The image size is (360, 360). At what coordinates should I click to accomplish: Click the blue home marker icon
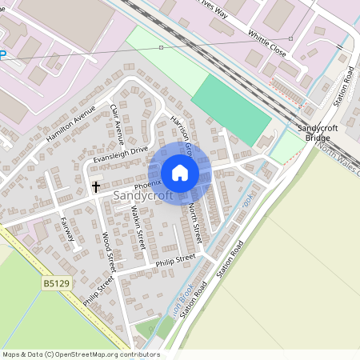pos(180,173)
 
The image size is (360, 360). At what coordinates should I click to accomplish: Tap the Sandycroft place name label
pos(143,195)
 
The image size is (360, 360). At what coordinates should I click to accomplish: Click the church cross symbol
pos(96,186)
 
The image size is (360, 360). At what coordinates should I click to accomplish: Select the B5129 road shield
pos(54,283)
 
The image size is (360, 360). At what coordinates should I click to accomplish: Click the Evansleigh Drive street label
pos(121,153)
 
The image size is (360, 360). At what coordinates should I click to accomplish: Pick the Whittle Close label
pos(267,41)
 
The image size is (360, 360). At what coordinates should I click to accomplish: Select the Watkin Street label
pos(137,227)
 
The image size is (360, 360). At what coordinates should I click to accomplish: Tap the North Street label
pos(196,219)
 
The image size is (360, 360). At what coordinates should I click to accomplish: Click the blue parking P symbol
pos(2,55)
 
